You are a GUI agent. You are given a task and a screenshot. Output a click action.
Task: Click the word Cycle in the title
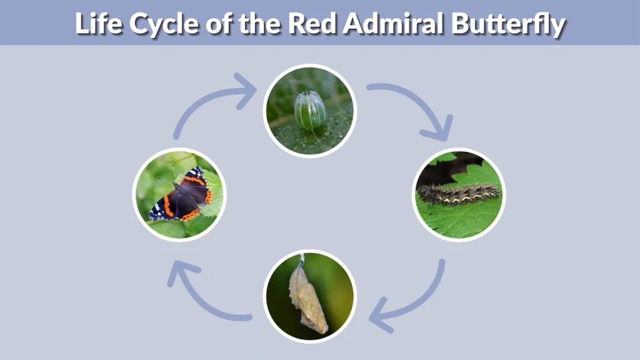pos(157,23)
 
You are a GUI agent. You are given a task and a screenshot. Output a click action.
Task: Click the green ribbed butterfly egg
pos(310,110)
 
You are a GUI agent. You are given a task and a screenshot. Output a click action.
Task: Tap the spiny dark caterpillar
pos(459,194)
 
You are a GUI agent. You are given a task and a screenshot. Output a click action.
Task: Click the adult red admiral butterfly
pos(182,195)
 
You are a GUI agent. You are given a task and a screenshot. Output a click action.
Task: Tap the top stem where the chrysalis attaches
pos(302,258)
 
